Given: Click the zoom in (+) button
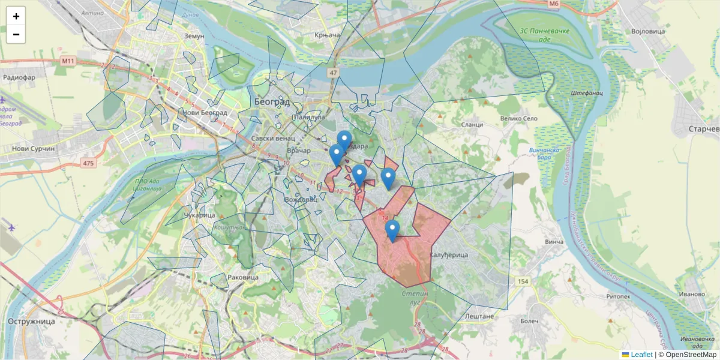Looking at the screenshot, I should [16, 16].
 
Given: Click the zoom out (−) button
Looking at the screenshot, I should [16, 34].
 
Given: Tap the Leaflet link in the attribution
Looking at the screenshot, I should [641, 355].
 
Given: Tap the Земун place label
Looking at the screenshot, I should [194, 36].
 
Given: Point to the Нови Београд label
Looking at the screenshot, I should [205, 112].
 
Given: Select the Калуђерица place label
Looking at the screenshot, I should [448, 255].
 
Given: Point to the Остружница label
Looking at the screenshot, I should [31, 321].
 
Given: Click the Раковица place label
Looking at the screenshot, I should [244, 277].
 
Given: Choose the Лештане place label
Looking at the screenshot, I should [479, 316].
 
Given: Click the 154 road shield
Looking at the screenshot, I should [523, 281].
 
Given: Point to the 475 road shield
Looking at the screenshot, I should [89, 163].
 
